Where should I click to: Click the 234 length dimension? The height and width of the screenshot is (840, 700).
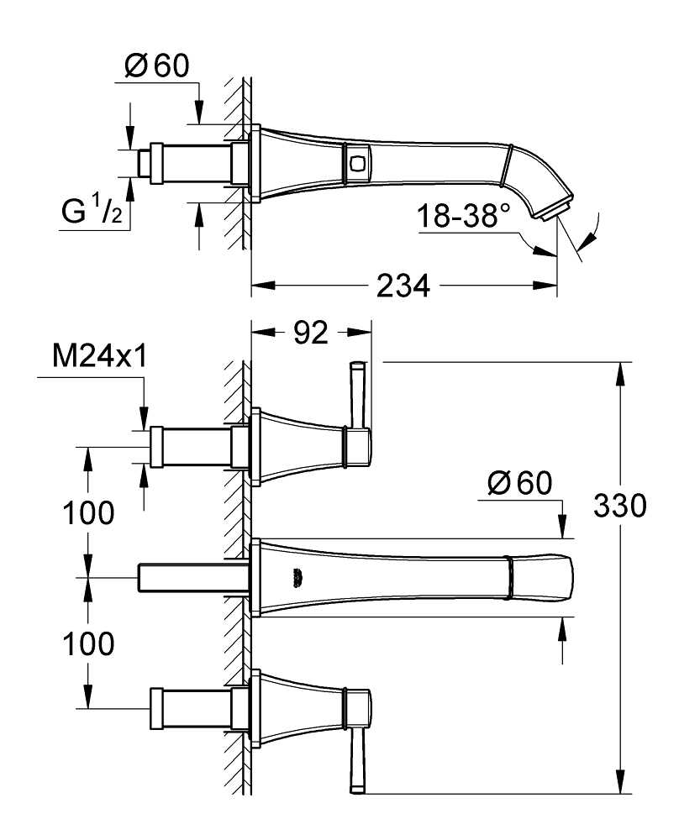coord(403,286)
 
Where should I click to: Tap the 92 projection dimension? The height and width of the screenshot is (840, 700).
coord(311,333)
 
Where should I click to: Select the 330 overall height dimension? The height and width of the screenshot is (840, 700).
coord(620,506)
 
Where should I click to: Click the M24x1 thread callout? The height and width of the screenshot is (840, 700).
coord(100,356)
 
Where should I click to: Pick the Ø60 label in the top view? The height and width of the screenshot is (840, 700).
coord(156,66)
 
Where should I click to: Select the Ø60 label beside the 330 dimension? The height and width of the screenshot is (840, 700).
coord(519,483)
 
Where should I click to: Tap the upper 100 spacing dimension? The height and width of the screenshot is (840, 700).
coord(88,512)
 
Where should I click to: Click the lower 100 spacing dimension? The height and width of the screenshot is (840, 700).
coord(88,643)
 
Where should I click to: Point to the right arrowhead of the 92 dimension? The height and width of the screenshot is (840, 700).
coord(360,333)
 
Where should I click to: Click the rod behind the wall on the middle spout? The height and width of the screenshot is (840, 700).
coord(194,578)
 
